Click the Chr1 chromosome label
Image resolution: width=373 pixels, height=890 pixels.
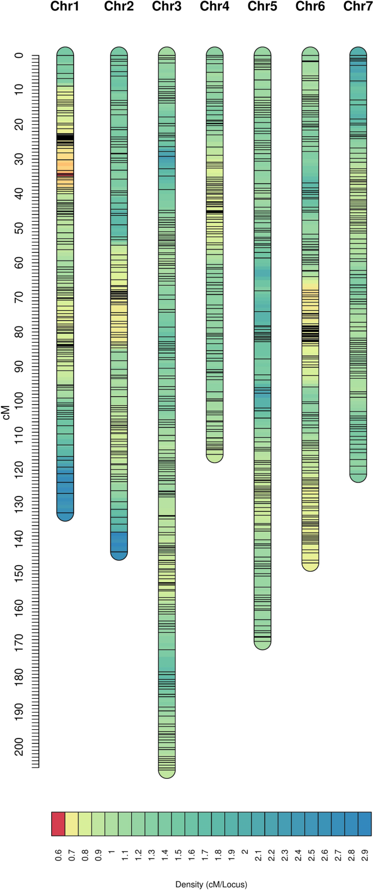(x=65, y=7)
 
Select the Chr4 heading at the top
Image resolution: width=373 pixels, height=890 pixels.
(x=215, y=7)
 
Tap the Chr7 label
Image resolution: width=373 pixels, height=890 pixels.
(x=358, y=7)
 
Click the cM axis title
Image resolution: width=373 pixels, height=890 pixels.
(x=6, y=411)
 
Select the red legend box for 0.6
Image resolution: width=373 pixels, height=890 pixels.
(x=58, y=824)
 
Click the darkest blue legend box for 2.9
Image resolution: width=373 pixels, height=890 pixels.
(x=364, y=824)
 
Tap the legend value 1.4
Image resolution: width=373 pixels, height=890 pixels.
(x=165, y=853)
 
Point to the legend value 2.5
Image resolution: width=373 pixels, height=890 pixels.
(x=311, y=853)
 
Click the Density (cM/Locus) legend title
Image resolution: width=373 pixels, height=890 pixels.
(x=211, y=885)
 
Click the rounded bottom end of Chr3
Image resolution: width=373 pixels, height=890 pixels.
(x=167, y=773)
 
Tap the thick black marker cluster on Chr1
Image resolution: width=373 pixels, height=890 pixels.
(x=65, y=138)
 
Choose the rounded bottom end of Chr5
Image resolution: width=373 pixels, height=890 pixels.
(x=262, y=644)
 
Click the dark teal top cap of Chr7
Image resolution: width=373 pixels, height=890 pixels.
(x=358, y=52)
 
